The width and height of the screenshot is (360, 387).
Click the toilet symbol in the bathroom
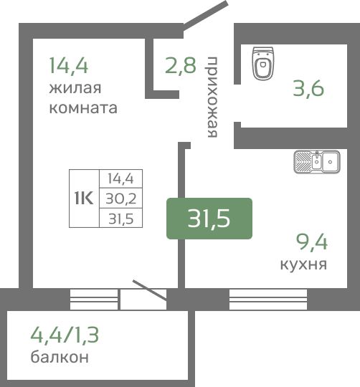(x=263, y=64)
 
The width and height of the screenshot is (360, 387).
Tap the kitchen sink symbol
(x=317, y=162)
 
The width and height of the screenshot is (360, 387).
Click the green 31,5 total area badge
(x=209, y=219)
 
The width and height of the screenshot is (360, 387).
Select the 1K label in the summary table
(x=84, y=198)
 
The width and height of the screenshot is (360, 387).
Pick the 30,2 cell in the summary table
(x=121, y=199)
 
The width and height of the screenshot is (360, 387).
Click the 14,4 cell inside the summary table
(x=120, y=178)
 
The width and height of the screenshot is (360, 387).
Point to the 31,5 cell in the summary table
(x=121, y=219)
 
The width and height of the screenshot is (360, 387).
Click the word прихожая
(x=212, y=97)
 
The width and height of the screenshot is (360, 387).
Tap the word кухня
(x=303, y=264)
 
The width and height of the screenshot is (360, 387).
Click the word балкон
(x=60, y=357)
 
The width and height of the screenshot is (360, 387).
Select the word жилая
(x=75, y=88)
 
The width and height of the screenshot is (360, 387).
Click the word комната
(x=83, y=108)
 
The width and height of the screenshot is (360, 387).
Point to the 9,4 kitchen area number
(x=312, y=243)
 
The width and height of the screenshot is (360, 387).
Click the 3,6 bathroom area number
(x=308, y=88)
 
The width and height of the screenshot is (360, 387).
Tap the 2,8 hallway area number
(x=181, y=65)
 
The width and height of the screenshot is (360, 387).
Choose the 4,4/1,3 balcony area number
(x=65, y=335)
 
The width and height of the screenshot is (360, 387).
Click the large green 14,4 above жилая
(x=69, y=65)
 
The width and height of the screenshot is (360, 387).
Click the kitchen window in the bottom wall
(x=268, y=300)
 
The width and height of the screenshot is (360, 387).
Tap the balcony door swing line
(x=150, y=290)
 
